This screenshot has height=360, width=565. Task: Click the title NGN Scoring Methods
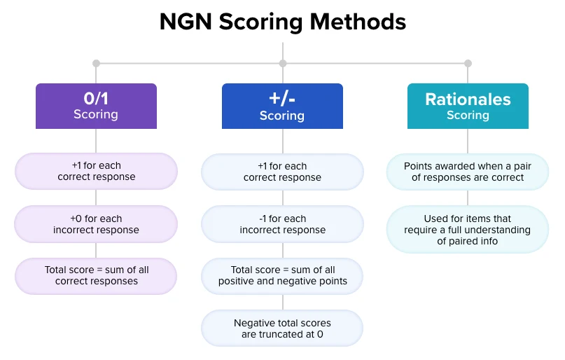pyautogui.click(x=283, y=22)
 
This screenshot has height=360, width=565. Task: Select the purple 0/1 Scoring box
pyautogui.click(x=96, y=106)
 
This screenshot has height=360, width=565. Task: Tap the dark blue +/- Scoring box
pyautogui.click(x=283, y=106)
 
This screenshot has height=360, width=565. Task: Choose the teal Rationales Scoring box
pyautogui.click(x=468, y=106)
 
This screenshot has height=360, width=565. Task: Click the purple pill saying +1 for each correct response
pyautogui.click(x=96, y=171)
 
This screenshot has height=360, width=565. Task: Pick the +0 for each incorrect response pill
pyautogui.click(x=96, y=224)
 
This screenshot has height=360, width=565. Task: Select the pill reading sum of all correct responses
pyautogui.click(x=96, y=276)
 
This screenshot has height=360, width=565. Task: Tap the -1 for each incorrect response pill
pyautogui.click(x=283, y=224)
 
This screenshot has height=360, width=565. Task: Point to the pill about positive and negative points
pyautogui.click(x=283, y=276)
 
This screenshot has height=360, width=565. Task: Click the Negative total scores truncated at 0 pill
pyautogui.click(x=282, y=328)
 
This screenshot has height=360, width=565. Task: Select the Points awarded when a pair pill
pyautogui.click(x=468, y=172)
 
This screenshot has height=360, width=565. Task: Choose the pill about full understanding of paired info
pyautogui.click(x=468, y=230)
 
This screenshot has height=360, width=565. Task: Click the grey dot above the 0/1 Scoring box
pyautogui.click(x=96, y=64)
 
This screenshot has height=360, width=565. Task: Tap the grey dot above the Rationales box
pyautogui.click(x=468, y=64)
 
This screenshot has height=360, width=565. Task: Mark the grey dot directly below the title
pyautogui.click(x=283, y=64)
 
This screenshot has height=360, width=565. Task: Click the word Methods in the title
pyautogui.click(x=358, y=22)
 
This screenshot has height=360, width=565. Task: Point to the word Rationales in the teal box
pyautogui.click(x=468, y=99)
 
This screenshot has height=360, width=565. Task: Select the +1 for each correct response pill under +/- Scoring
pyautogui.click(x=283, y=172)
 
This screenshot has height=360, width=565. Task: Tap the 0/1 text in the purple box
pyautogui.click(x=96, y=98)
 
